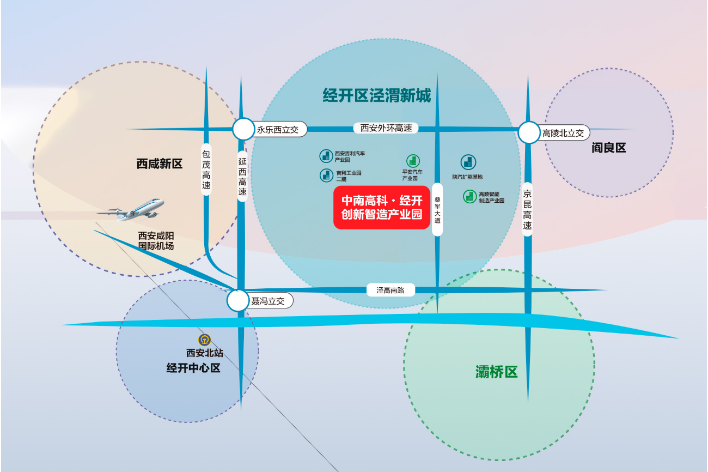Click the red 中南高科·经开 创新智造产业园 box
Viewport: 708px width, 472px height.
[382, 208]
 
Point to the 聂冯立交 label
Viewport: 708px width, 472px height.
[267, 300]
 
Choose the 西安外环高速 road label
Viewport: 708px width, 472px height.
[386, 128]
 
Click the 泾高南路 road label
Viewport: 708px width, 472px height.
[390, 290]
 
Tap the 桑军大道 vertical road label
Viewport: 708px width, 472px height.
[437, 209]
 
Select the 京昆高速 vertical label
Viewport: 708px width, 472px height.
[527, 210]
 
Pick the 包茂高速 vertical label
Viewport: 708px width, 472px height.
[206, 170]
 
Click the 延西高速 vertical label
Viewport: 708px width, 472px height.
[242, 177]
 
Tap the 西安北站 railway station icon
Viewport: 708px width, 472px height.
[204, 340]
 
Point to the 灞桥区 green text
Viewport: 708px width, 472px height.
[496, 372]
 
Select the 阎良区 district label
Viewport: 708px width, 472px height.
[609, 148]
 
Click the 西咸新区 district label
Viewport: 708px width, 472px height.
[160, 164]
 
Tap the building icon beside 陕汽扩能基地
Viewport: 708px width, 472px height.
[468, 162]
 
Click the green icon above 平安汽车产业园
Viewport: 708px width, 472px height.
[413, 161]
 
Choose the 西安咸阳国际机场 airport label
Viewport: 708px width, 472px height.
[156, 241]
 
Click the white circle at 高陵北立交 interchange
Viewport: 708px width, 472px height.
[528, 133]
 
